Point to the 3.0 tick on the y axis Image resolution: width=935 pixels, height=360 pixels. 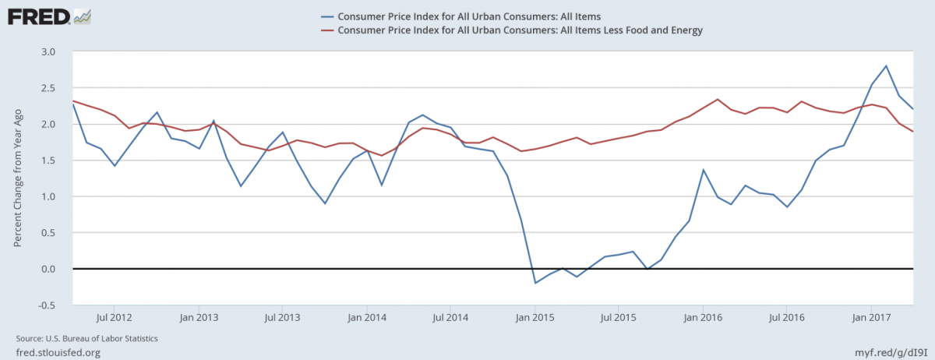(x=48, y=51)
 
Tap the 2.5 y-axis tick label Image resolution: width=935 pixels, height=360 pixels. (x=48, y=88)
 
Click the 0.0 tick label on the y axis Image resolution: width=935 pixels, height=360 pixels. (x=48, y=269)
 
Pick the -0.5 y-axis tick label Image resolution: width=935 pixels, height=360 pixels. (x=47, y=305)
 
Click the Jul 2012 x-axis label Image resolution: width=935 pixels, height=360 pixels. (x=114, y=318)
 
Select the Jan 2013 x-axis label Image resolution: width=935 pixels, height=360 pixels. (x=199, y=318)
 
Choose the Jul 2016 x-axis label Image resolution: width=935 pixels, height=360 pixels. (x=787, y=318)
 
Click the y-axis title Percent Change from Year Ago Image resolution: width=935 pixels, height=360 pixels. (x=17, y=178)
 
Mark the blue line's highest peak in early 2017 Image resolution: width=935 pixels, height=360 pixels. (x=887, y=66)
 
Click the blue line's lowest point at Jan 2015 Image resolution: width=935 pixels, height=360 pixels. (x=535, y=283)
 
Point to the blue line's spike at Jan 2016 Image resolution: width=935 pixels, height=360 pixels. (x=704, y=170)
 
